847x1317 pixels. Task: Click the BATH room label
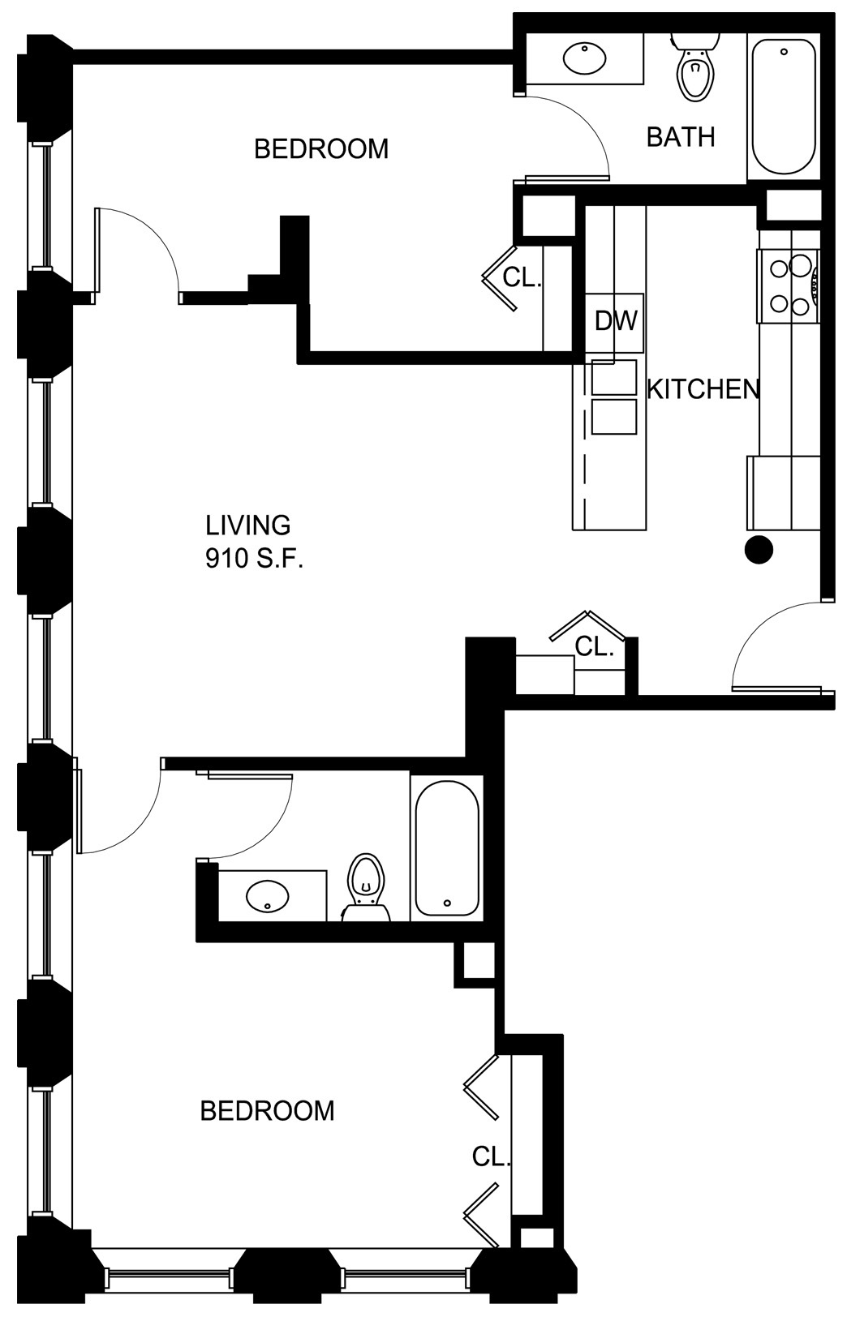click(x=681, y=137)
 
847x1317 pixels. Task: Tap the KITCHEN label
click(x=703, y=389)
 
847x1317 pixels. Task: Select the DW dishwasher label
click(x=616, y=321)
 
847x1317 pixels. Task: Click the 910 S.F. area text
click(x=254, y=559)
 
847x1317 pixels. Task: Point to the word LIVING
click(x=247, y=525)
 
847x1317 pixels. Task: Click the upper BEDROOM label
click(x=321, y=148)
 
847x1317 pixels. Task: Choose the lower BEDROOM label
click(x=267, y=1111)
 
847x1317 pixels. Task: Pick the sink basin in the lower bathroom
click(x=268, y=896)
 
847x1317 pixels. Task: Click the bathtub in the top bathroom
click(x=784, y=106)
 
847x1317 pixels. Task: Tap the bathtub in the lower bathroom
click(x=447, y=847)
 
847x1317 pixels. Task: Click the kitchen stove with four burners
click(x=789, y=285)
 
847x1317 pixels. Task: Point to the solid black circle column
click(x=759, y=550)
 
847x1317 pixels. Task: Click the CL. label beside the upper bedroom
click(x=522, y=277)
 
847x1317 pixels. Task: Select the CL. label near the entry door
click(x=594, y=647)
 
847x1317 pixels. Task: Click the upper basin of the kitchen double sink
click(x=614, y=377)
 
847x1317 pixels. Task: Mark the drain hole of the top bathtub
click(x=784, y=52)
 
